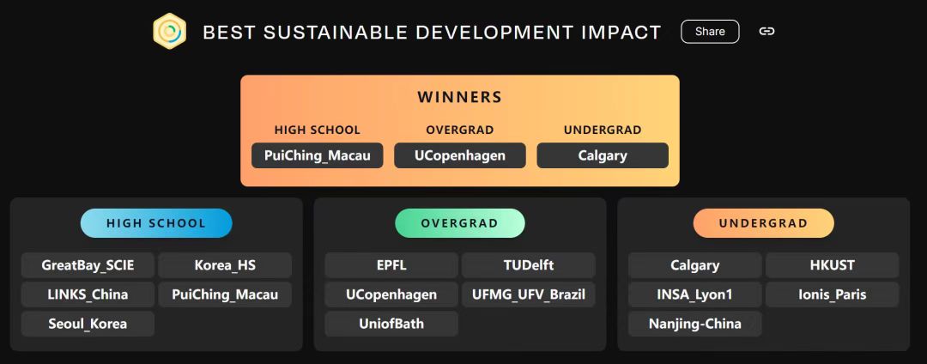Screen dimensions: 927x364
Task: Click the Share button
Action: [x=710, y=31]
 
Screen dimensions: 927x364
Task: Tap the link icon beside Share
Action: [x=766, y=31]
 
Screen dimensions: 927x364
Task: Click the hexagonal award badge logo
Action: [x=170, y=31]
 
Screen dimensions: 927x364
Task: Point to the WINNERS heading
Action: [x=460, y=97]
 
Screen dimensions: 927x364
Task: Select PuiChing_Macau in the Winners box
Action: [x=318, y=155]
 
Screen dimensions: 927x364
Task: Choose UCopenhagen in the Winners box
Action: [x=460, y=155]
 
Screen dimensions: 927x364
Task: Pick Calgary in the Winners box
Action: [x=603, y=155]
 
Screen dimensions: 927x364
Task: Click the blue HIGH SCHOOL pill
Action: [x=156, y=223]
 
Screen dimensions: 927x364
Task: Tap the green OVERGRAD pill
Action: [x=460, y=223]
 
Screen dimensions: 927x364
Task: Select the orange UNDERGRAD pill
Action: [x=763, y=223]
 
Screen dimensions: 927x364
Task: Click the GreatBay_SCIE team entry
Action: [x=88, y=265]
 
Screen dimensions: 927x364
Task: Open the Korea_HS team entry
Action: [x=225, y=265]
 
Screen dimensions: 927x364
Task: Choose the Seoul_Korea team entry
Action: [x=88, y=324]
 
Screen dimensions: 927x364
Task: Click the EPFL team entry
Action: [x=391, y=265]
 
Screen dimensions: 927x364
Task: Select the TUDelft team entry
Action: [x=529, y=265]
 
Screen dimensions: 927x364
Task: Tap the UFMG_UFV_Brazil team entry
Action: [x=529, y=294]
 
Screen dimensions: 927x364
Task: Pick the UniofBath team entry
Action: [x=391, y=324]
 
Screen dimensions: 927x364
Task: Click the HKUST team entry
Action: [x=833, y=265]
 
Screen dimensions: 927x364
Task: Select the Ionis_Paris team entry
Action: [x=833, y=294]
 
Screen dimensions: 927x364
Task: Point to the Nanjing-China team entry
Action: [x=695, y=324]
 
